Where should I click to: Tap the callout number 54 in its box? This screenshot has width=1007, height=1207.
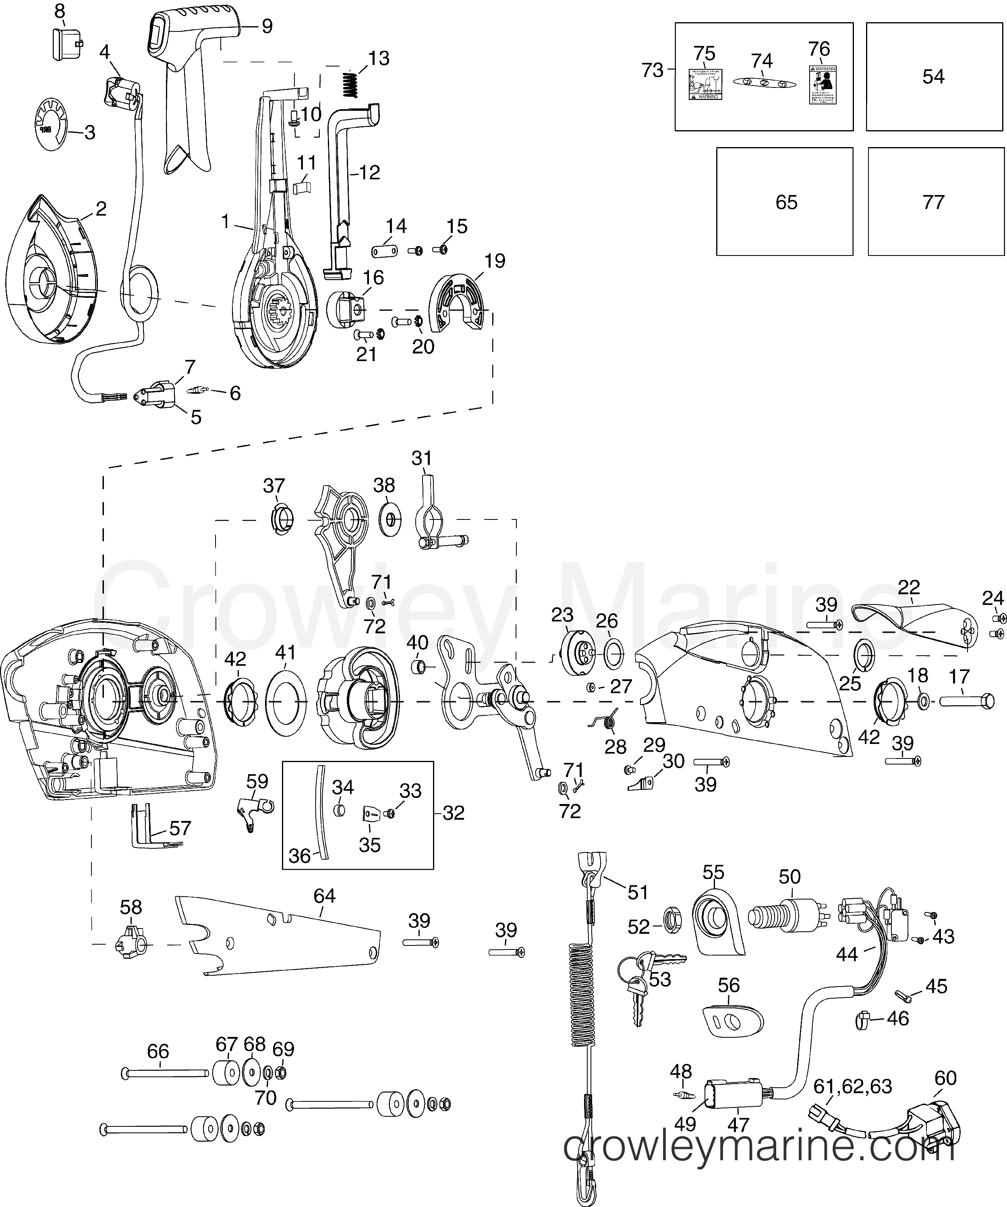tap(933, 77)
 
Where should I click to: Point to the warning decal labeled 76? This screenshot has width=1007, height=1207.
tap(822, 85)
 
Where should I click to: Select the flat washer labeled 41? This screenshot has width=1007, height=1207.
tap(286, 702)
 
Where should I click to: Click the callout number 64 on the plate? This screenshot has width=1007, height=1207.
tap(325, 896)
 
